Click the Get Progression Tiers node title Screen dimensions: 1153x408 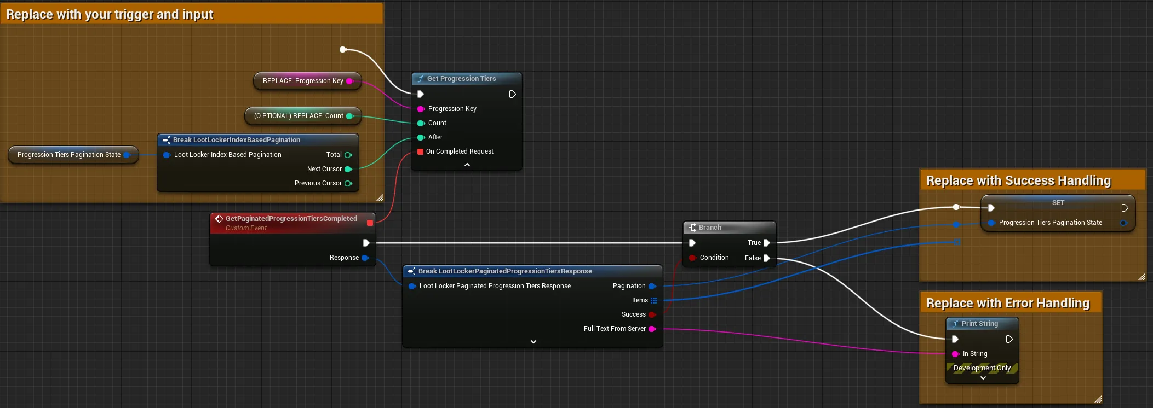coord(461,79)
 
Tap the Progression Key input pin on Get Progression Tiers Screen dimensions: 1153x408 coord(421,109)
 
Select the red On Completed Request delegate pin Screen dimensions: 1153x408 coord(420,151)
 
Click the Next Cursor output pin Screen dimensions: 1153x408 coord(348,169)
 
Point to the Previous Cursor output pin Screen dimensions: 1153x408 coord(348,183)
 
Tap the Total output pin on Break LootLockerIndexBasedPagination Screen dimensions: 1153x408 coord(348,155)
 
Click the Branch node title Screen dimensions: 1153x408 coord(710,228)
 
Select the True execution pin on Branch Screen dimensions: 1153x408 coord(767,243)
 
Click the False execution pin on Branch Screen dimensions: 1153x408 coord(767,258)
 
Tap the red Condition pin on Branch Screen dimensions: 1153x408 coord(693,258)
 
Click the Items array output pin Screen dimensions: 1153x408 coord(653,300)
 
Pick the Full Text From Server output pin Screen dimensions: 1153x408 coord(652,329)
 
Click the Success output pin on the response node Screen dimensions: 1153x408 coord(652,314)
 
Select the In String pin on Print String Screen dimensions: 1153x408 coord(956,354)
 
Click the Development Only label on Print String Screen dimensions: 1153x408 coord(982,368)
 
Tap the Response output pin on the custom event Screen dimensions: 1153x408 coord(365,258)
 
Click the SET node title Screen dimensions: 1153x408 coord(1058,203)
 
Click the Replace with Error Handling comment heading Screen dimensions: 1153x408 coord(1008,303)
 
